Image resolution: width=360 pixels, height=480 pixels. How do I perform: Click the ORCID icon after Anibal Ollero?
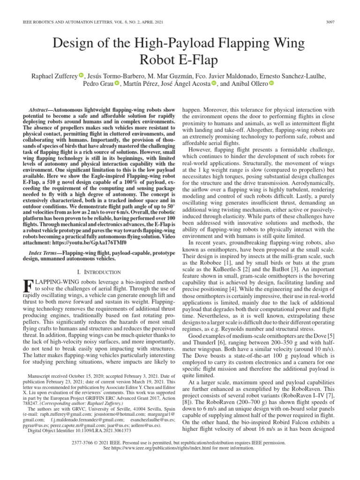tap(271, 83)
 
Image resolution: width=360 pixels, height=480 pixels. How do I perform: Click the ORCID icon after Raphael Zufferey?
tap(81, 75)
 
